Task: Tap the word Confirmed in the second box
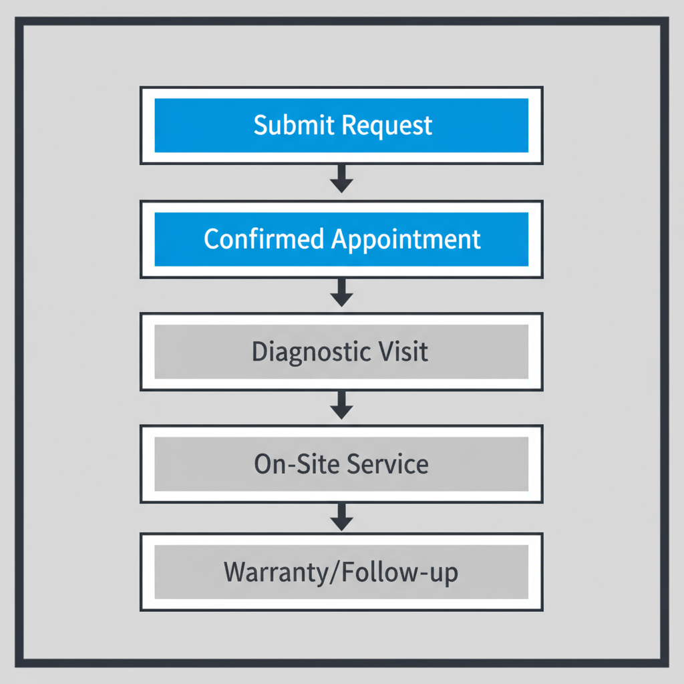point(264,238)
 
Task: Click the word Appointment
point(406,240)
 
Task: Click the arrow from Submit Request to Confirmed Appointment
point(341,179)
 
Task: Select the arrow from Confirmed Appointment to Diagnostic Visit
point(341,293)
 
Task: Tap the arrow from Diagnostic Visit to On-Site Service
point(341,405)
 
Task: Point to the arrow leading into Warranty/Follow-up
point(341,518)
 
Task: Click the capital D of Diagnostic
point(259,351)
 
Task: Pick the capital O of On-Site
point(263,464)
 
